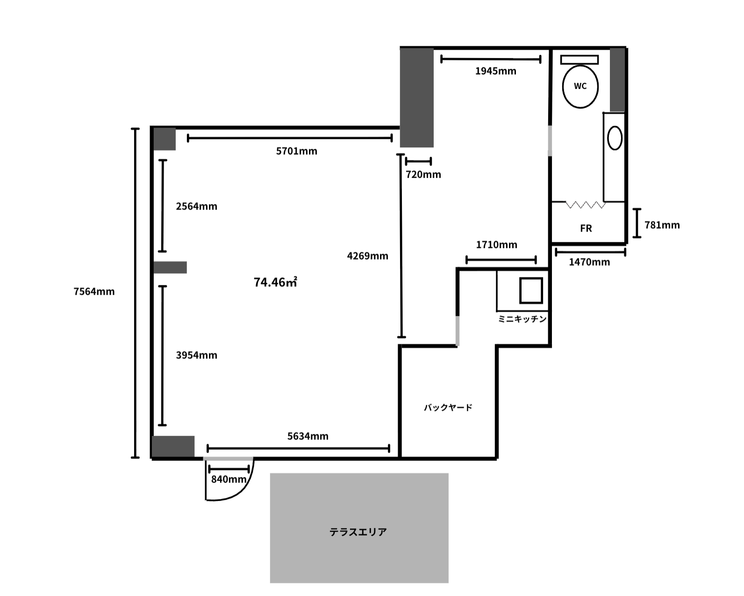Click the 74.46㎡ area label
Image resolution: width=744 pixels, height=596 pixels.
coord(275,282)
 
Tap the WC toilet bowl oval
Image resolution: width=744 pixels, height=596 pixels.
coord(580,87)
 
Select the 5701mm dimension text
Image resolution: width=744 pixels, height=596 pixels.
coord(296,151)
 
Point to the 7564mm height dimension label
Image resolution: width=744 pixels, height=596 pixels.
coord(94,291)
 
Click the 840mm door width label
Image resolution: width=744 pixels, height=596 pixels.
coord(229,480)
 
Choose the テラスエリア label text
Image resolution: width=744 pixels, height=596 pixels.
coord(358,532)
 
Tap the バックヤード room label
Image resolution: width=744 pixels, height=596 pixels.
coord(448,408)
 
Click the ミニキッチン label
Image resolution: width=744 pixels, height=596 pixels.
coord(522,319)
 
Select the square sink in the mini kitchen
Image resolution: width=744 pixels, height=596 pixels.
coord(531,291)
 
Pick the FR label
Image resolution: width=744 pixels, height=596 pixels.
coord(586,228)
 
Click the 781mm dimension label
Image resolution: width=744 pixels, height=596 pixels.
coord(662,225)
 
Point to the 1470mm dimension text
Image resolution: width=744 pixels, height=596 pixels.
coord(589,262)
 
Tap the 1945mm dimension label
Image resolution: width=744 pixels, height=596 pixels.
coord(495,71)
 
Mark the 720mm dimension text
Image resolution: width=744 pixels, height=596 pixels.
coord(423,174)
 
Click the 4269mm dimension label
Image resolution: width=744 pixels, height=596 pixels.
coord(367,256)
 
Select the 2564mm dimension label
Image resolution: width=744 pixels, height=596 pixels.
coord(196,206)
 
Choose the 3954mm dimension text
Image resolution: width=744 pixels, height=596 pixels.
coord(196,355)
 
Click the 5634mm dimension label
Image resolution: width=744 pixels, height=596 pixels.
coord(308,436)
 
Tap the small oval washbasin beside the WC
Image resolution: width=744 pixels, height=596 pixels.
coord(615,138)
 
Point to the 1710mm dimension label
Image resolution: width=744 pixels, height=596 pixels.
coord(496,245)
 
